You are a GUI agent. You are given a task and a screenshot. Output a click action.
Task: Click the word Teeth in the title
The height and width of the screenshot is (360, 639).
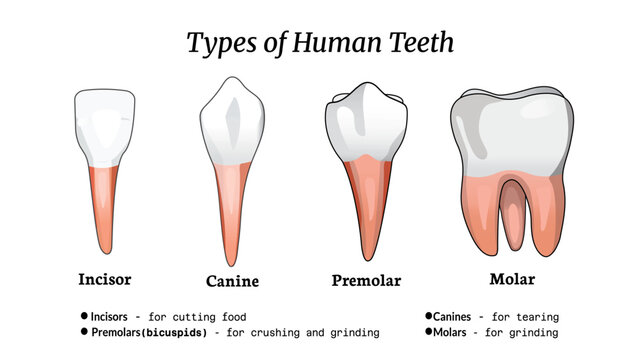tap(417, 43)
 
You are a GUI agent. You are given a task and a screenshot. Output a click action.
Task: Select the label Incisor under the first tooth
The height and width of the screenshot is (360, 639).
tap(105, 278)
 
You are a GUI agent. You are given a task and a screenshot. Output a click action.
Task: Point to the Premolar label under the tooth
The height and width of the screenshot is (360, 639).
tap(366, 280)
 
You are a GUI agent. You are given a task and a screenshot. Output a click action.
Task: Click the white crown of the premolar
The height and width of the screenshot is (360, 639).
tap(366, 125)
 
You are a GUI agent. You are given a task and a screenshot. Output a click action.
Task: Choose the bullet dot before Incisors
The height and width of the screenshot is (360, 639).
tap(85, 316)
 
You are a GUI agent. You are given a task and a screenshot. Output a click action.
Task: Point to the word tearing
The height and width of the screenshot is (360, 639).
tap(536, 317)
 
